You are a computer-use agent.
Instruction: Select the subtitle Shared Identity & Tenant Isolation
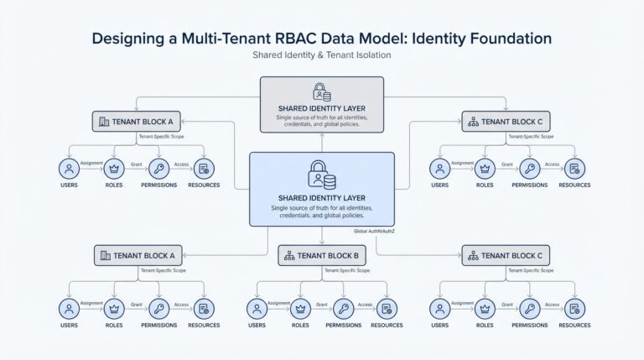coord(321,55)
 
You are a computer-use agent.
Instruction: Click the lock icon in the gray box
coord(321,91)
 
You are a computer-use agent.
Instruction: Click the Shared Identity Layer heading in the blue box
coord(322,197)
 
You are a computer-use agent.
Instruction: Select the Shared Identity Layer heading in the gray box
coord(322,108)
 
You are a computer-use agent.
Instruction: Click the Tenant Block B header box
coord(321,255)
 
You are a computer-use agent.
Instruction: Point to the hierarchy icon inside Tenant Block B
coord(289,255)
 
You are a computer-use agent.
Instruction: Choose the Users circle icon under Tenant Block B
coord(257,308)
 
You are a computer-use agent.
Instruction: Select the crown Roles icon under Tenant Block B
coord(299,308)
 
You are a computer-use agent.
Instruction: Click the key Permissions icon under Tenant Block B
coord(343,308)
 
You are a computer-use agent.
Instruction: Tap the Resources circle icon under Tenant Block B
coord(387,308)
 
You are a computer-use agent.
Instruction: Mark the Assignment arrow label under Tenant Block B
coord(278,303)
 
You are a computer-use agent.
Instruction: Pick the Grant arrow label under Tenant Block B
coord(321,303)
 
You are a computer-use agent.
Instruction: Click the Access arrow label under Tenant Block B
coord(366,303)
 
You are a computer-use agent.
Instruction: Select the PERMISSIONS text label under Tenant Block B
coord(343,325)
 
